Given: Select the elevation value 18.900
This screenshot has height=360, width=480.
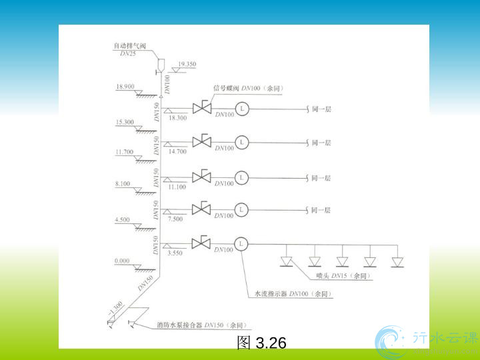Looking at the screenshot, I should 125,87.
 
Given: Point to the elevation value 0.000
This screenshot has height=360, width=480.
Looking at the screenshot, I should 122,261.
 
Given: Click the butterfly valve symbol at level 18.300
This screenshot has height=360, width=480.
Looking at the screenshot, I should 201,107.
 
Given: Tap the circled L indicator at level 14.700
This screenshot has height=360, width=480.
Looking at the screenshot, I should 242,142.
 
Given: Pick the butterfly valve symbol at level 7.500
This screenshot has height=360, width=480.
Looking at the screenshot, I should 201,209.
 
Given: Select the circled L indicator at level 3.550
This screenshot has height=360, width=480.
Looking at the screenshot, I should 241,243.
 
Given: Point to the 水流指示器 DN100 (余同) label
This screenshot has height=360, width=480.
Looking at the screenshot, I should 293,294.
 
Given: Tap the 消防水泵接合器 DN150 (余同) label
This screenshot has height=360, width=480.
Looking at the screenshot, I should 201,325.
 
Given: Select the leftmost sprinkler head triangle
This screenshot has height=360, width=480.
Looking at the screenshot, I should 287,261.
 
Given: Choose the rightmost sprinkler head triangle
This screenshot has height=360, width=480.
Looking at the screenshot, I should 398,261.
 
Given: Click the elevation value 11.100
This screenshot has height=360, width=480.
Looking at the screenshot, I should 177,187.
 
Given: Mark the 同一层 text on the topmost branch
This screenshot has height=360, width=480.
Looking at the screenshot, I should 321,108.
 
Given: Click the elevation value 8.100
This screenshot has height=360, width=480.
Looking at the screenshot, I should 124,183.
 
